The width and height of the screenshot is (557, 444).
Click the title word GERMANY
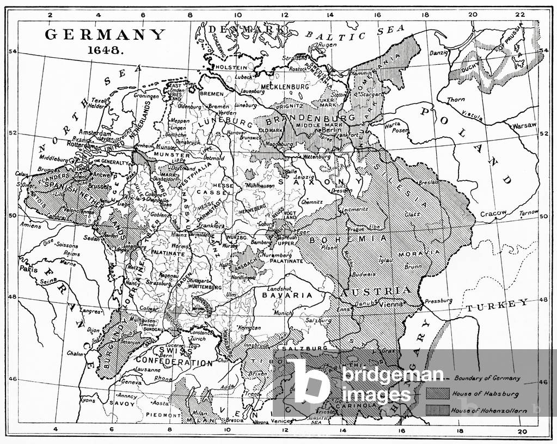pos(104,35)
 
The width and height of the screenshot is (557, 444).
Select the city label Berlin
pos(328,131)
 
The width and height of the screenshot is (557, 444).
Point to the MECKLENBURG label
pos(284,87)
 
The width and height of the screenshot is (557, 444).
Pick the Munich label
pos(283,313)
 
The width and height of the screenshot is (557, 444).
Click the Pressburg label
pos(439,300)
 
